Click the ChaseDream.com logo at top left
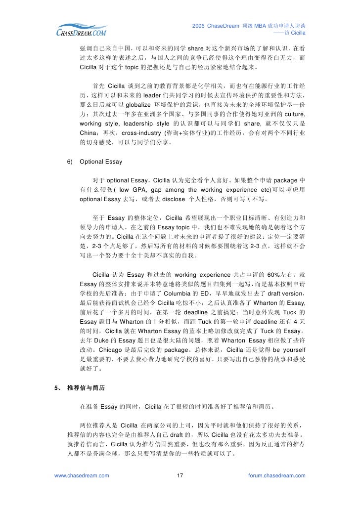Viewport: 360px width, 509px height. [x=80, y=30]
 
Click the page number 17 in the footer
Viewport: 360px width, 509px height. [x=180, y=475]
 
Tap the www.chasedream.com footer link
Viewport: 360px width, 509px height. [x=81, y=475]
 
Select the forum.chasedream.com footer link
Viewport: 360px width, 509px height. [x=277, y=475]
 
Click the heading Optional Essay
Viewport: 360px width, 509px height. [x=100, y=162]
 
